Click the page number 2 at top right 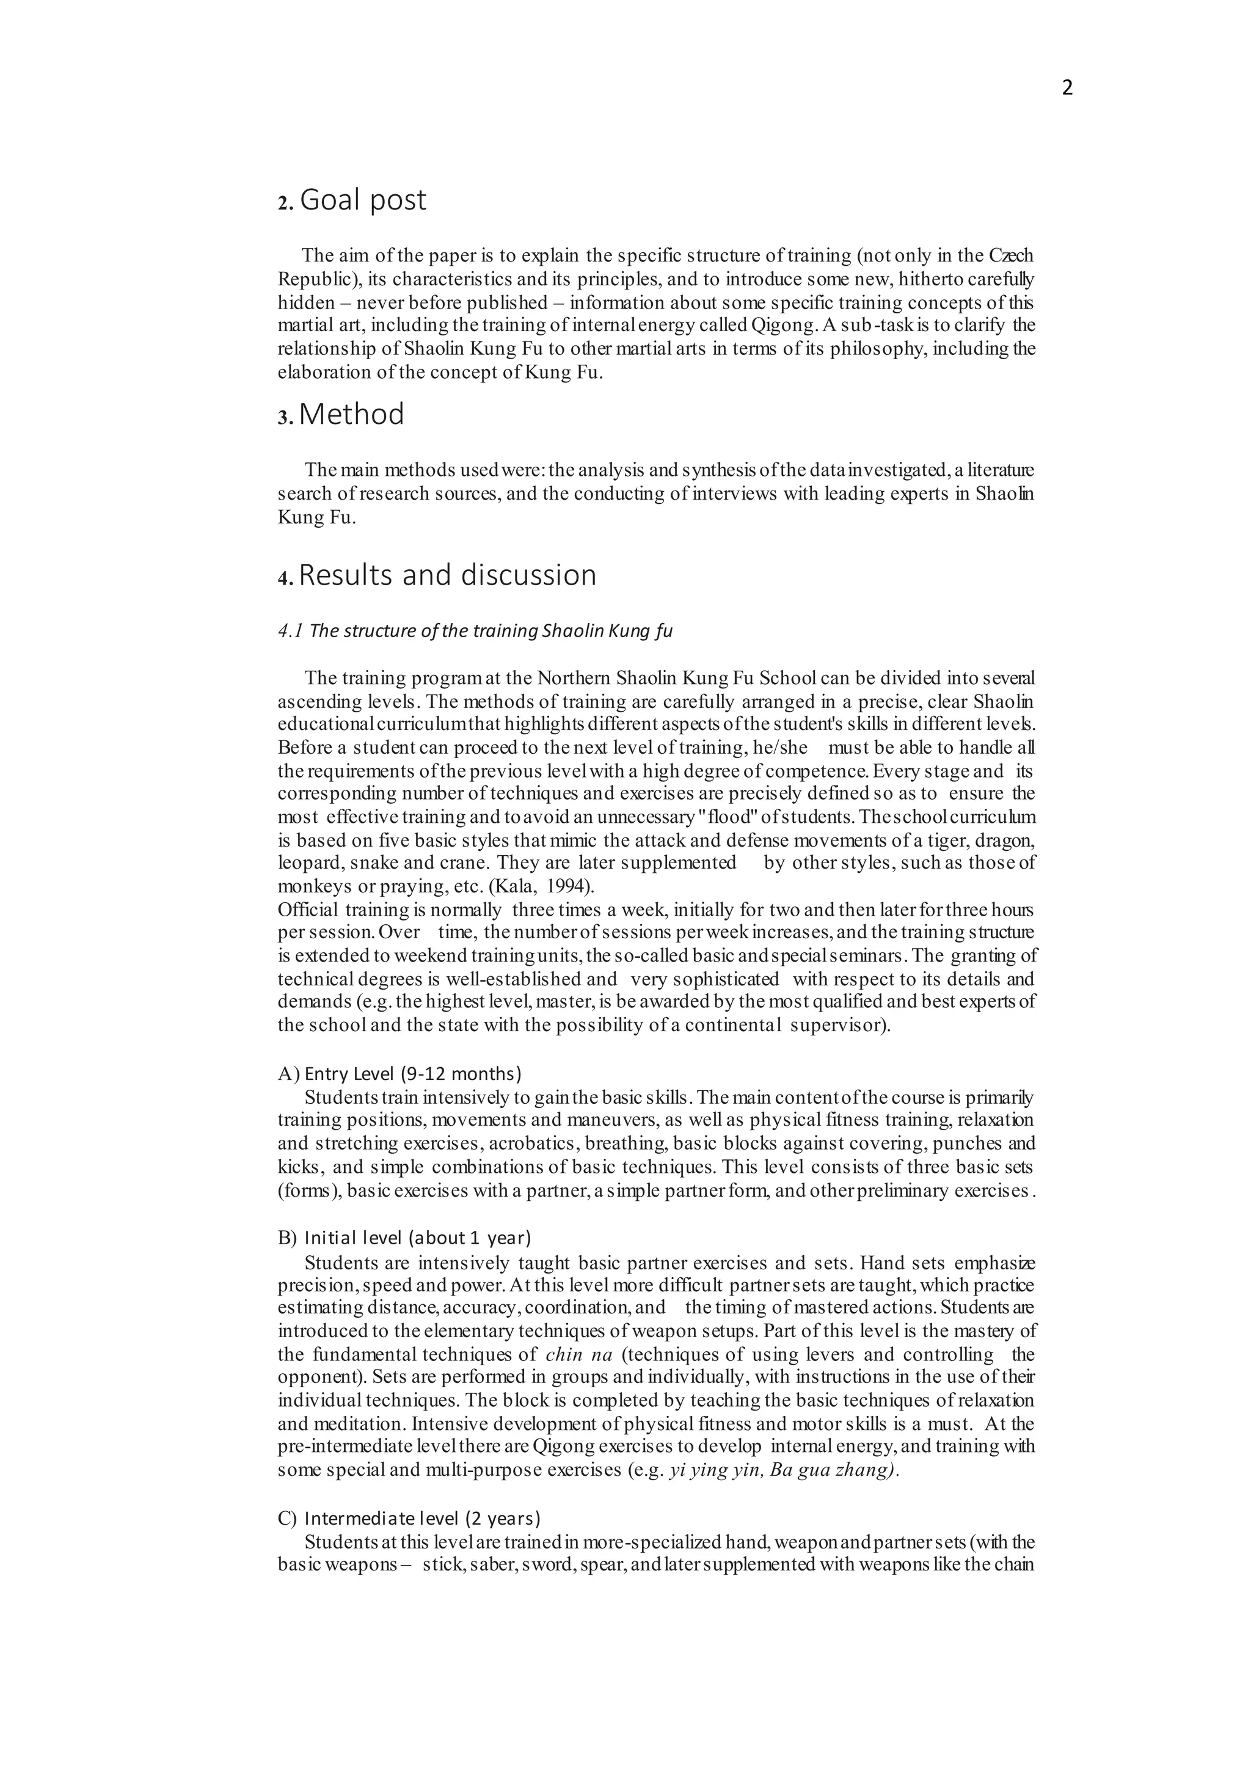1067,88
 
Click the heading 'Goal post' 362,200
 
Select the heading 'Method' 351,415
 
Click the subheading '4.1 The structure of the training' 475,631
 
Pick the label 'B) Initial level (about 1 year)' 404,1238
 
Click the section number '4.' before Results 285,578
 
